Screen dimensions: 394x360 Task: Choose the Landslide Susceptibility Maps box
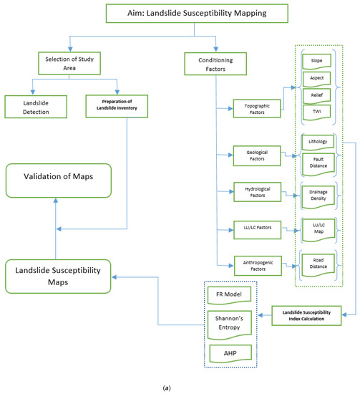coord(59,276)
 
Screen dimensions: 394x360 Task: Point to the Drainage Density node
coord(317,195)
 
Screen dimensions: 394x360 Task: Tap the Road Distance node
coord(317,264)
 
